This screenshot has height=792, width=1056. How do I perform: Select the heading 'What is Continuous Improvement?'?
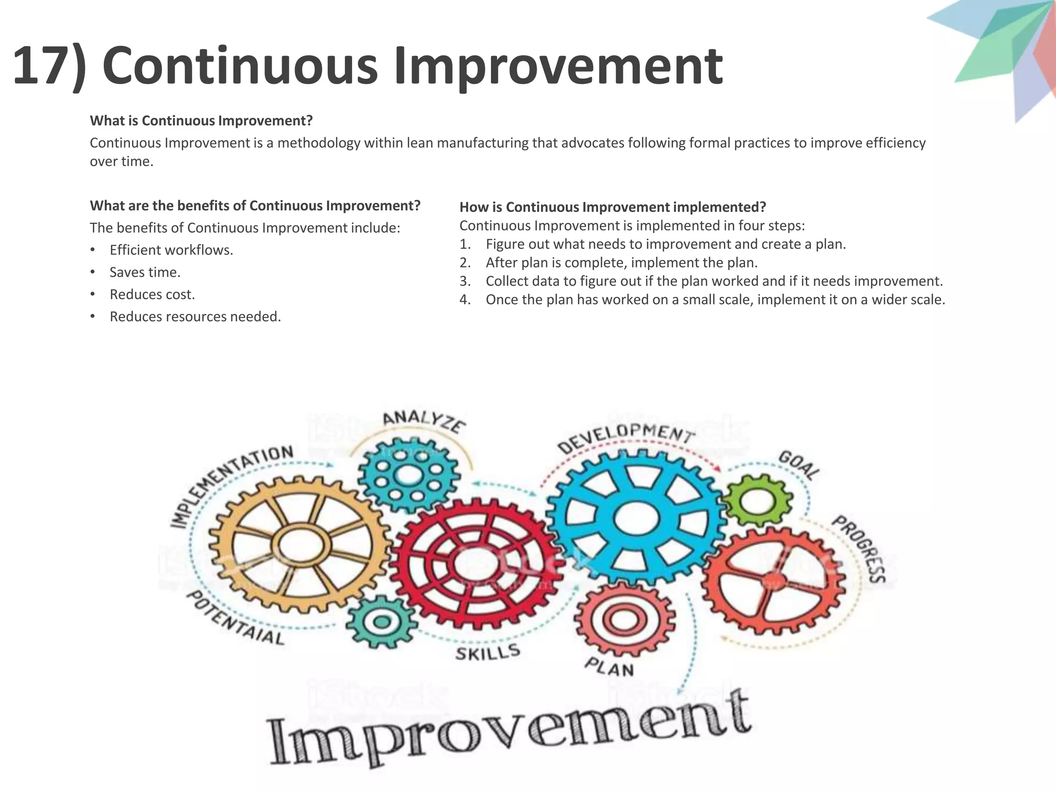pos(201,121)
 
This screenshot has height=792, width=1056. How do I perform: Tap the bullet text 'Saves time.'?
pos(145,272)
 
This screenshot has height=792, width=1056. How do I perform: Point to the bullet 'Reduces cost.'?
pos(152,294)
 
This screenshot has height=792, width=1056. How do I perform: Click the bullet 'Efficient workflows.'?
pos(171,250)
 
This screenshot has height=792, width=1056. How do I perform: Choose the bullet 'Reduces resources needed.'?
pos(195,317)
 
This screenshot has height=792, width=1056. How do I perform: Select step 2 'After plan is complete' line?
pos(621,262)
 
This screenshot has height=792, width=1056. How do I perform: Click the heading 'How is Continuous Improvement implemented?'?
pos(613,207)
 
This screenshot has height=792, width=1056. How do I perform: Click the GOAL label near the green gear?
pos(799,465)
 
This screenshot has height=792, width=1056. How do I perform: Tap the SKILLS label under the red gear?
pos(487,653)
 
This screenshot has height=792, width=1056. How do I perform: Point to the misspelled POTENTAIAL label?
pos(235,619)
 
